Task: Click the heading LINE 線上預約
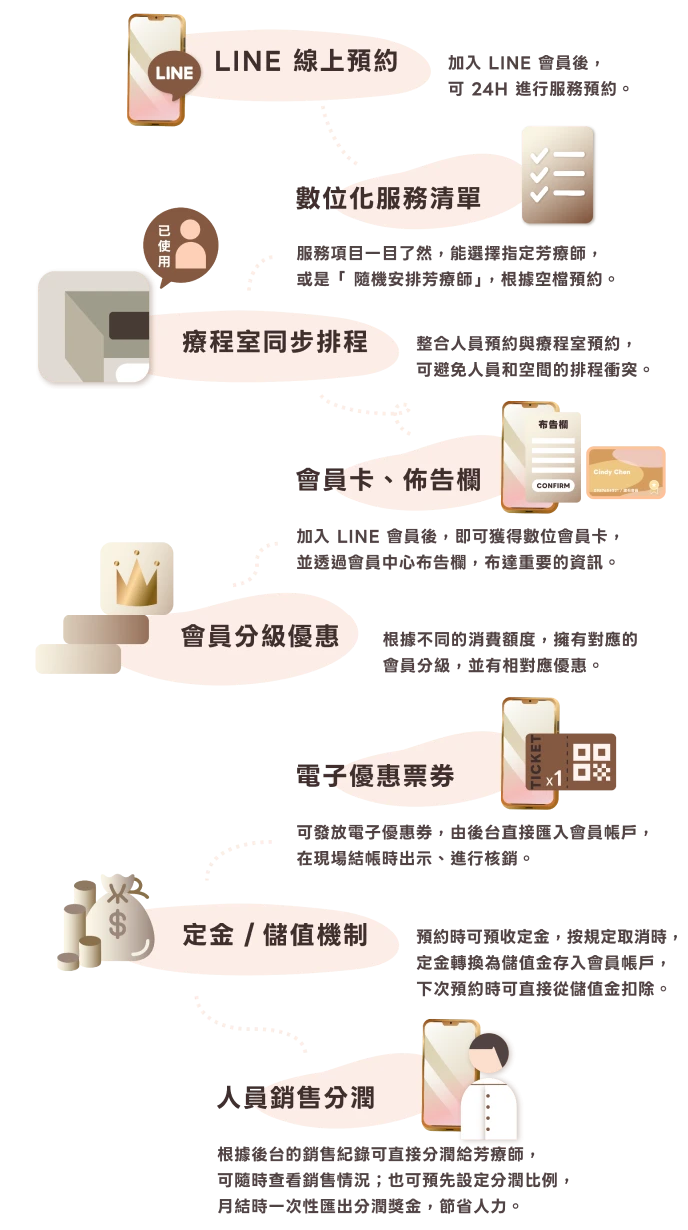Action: pos(306,61)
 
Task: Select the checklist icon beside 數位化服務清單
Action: pos(558,175)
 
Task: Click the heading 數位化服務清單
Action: pos(389,198)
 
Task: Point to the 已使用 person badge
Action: pos(181,242)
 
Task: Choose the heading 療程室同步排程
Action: pos(275,342)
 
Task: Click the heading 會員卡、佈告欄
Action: pos(389,480)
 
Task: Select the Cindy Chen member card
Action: pos(626,473)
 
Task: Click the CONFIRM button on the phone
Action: pos(553,486)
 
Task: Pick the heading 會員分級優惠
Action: pos(259,636)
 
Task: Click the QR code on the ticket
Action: pos(594,760)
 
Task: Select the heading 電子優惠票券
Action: pos(375,776)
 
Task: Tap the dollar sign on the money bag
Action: pos(118,925)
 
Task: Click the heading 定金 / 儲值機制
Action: pos(275,935)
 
